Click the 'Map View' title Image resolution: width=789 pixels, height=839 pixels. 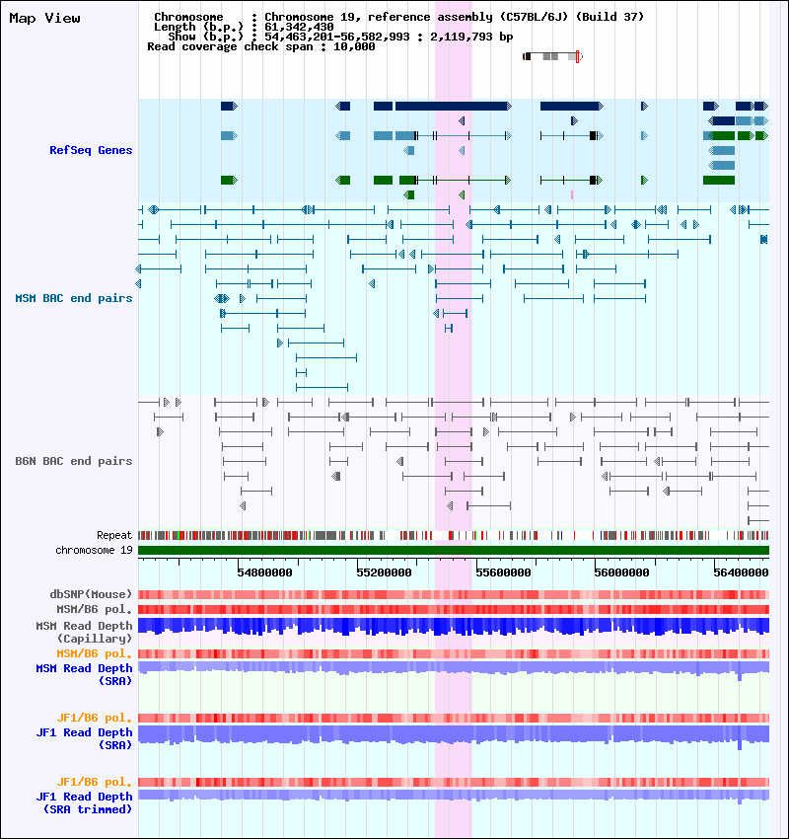click(45, 18)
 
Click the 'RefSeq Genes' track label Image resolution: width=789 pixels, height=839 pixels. click(91, 150)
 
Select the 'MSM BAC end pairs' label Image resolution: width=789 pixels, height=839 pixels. click(74, 298)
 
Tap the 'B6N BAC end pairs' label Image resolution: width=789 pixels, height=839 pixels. click(74, 461)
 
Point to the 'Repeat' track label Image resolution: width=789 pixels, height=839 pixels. click(114, 535)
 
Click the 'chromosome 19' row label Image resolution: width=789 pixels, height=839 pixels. click(94, 550)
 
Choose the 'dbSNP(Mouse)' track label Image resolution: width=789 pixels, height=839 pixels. click(91, 594)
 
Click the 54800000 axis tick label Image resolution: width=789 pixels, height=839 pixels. click(264, 572)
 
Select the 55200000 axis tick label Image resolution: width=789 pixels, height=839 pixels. click(384, 572)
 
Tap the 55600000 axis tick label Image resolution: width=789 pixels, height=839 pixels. click(503, 572)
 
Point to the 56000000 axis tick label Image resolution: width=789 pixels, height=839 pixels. click(621, 572)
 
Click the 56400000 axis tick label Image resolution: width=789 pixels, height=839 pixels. click(741, 572)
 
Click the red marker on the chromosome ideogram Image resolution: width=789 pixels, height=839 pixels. click(577, 56)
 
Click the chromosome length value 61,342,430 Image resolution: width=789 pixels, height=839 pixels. click(299, 27)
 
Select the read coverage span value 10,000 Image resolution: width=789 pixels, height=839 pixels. click(354, 46)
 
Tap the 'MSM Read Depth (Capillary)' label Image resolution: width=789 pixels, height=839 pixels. click(84, 632)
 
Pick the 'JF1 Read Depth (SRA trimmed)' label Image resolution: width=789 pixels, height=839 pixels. click(84, 803)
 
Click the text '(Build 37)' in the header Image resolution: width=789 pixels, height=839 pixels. click(610, 17)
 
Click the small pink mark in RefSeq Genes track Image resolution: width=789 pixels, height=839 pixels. click(572, 194)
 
